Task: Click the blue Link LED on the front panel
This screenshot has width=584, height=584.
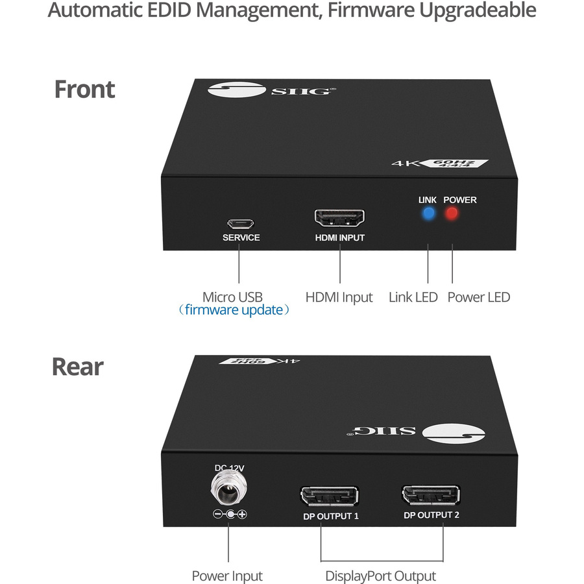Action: tap(428, 215)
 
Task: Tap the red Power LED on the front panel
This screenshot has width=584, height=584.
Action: tap(451, 215)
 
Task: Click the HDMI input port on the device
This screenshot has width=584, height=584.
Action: tap(339, 218)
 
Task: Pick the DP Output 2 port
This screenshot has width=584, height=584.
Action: tap(432, 495)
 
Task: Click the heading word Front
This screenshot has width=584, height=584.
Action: tap(84, 89)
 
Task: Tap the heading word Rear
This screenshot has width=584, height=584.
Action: tap(77, 367)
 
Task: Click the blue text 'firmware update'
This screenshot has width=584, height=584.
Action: tap(234, 310)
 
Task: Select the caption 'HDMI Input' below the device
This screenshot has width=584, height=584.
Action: tap(339, 297)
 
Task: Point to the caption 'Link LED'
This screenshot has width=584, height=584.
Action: tap(413, 297)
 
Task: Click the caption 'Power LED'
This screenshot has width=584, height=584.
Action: tap(479, 297)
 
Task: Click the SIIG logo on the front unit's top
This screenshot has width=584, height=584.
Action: tap(273, 90)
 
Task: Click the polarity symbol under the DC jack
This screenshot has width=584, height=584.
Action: tap(229, 515)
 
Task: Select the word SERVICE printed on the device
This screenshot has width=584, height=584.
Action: tap(241, 237)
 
